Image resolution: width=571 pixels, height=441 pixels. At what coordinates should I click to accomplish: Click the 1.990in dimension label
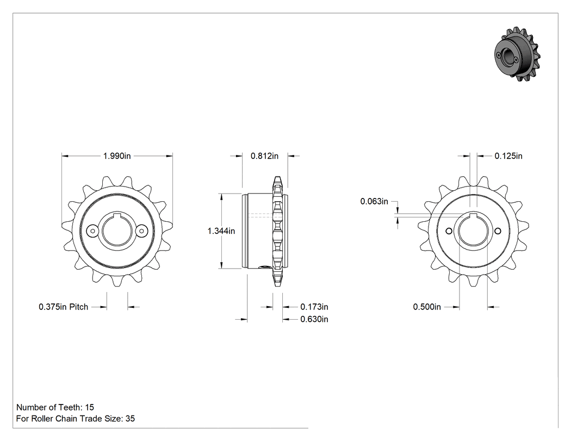click(117, 156)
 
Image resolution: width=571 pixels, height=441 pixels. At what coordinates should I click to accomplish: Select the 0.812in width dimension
click(264, 156)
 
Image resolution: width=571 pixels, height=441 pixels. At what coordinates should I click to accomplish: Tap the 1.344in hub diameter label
click(221, 231)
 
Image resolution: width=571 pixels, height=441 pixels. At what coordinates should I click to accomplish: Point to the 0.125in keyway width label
click(508, 156)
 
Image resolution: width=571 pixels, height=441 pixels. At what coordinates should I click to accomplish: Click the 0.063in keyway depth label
click(374, 201)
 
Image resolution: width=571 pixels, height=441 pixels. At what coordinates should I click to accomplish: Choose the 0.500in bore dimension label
click(427, 307)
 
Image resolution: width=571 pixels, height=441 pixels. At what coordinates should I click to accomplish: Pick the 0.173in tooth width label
click(314, 307)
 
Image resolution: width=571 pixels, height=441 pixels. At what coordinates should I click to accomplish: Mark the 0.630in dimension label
click(314, 319)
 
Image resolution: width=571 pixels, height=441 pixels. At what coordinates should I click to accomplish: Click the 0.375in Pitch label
click(64, 307)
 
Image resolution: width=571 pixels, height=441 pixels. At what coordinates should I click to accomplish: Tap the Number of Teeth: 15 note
click(55, 407)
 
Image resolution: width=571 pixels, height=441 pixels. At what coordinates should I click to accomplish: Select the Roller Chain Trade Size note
click(76, 419)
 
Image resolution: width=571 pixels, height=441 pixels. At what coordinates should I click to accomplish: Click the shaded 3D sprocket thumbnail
click(517, 54)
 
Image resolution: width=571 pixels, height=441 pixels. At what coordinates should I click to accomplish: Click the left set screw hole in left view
click(92, 231)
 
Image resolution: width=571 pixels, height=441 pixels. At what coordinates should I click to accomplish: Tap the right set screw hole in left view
click(141, 231)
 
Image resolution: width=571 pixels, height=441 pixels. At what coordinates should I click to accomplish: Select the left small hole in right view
click(449, 231)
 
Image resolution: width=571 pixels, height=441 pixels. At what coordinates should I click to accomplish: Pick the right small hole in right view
click(498, 231)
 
